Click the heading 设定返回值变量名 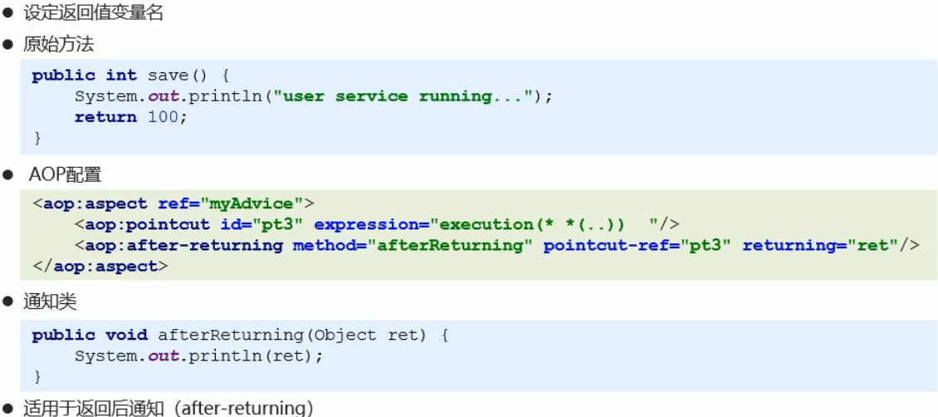click(94, 13)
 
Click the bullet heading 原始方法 click(59, 44)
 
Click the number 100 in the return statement click(163, 117)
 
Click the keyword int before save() click(121, 76)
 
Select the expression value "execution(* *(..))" click(531, 224)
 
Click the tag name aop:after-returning click(183, 246)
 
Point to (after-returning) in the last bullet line click(247, 408)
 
